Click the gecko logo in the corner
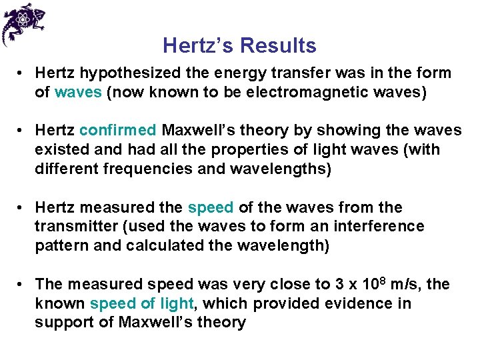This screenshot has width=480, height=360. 25,23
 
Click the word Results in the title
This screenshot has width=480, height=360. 279,46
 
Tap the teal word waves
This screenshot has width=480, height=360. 78,92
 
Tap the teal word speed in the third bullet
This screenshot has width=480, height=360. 211,207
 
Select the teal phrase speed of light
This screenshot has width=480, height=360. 141,304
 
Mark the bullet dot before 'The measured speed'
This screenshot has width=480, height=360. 22,285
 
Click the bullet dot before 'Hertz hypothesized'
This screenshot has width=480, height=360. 22,73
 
